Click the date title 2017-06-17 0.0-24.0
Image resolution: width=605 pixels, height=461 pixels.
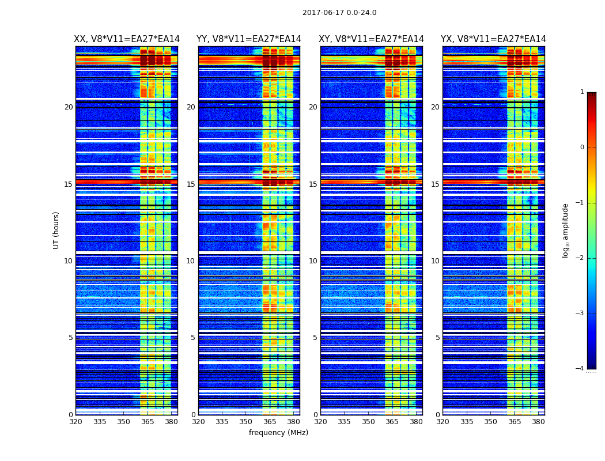click(339, 13)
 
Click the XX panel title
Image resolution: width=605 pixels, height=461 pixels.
click(127, 39)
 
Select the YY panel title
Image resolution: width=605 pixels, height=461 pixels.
click(249, 39)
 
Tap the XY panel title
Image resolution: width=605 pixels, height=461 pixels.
click(372, 39)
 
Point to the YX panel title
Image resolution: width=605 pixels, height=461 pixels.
click(493, 39)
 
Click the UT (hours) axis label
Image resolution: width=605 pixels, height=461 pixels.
click(56, 230)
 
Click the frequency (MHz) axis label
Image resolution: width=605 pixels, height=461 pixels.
click(278, 433)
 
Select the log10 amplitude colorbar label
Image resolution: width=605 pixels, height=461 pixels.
click(566, 230)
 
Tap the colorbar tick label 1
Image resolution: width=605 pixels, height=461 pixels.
click(582, 92)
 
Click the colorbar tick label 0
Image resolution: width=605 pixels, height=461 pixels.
click(582, 148)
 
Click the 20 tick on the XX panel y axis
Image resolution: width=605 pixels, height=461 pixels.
click(69, 107)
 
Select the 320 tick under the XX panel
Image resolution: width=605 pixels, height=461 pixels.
click(75, 422)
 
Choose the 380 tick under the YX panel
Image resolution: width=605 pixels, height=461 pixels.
click(538, 422)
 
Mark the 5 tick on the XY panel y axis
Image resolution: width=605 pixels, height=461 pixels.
click(315, 338)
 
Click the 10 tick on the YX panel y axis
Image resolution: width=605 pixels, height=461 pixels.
click(435, 261)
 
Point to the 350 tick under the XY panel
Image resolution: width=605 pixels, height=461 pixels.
click(368, 422)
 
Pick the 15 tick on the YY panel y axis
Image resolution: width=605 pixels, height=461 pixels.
click(191, 184)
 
